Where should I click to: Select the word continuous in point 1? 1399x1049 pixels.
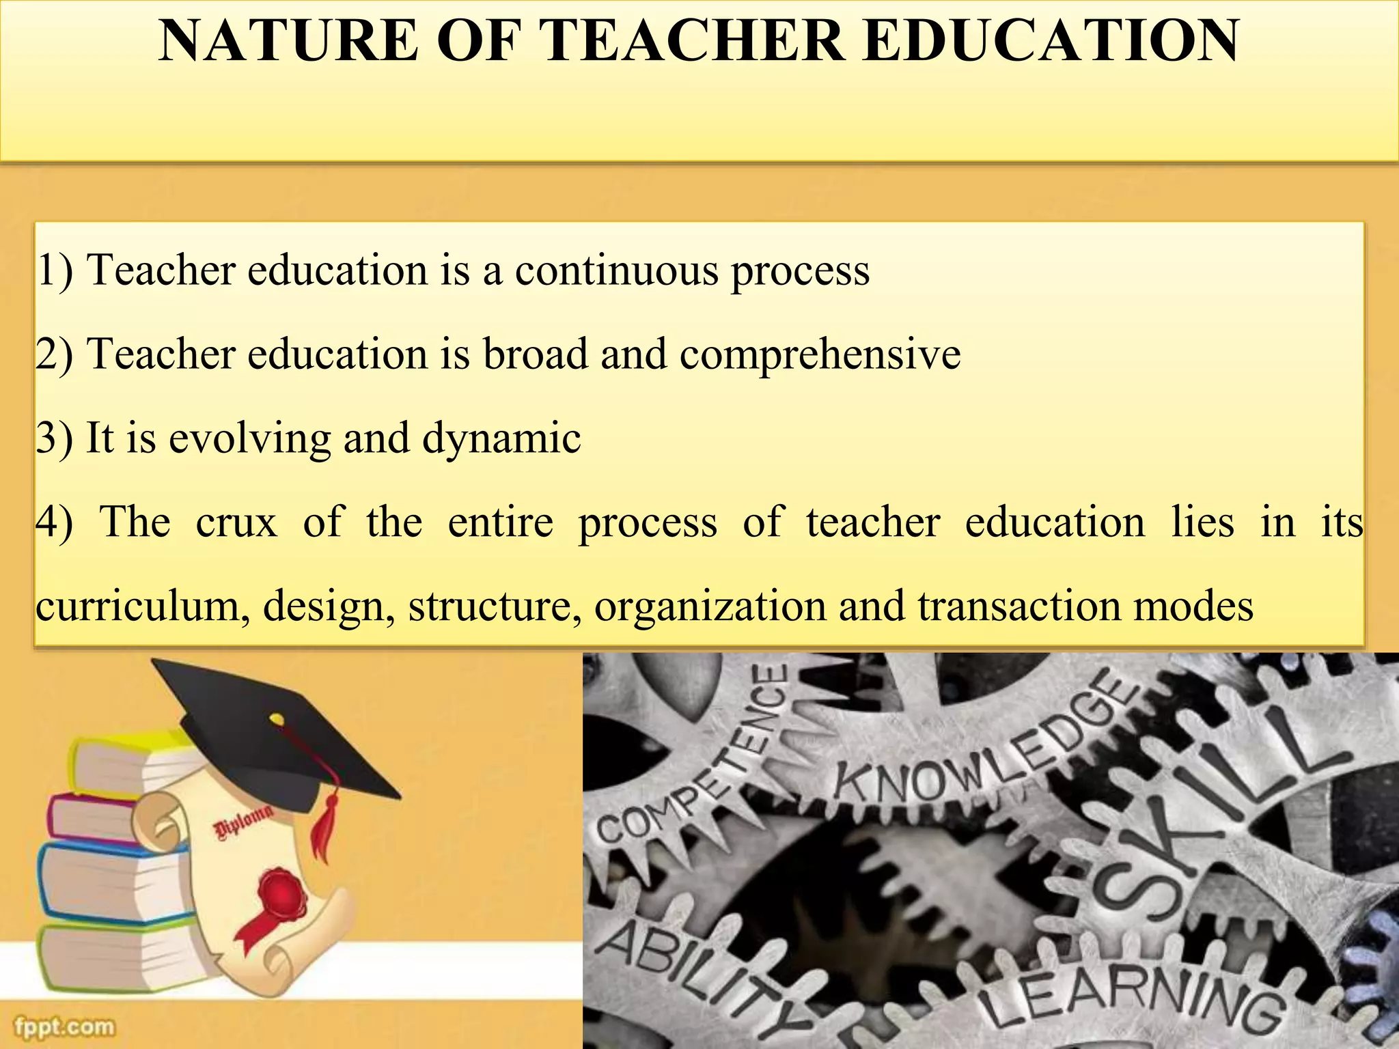tap(616, 270)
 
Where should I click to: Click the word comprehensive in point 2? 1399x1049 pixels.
tap(820, 355)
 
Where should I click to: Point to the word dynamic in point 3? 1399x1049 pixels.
tap(501, 438)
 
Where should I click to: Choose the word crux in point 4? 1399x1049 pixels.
tap(236, 522)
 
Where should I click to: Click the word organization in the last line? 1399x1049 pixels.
tap(710, 607)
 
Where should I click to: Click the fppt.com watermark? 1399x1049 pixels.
tap(64, 1026)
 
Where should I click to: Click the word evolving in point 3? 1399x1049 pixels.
tap(249, 438)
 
